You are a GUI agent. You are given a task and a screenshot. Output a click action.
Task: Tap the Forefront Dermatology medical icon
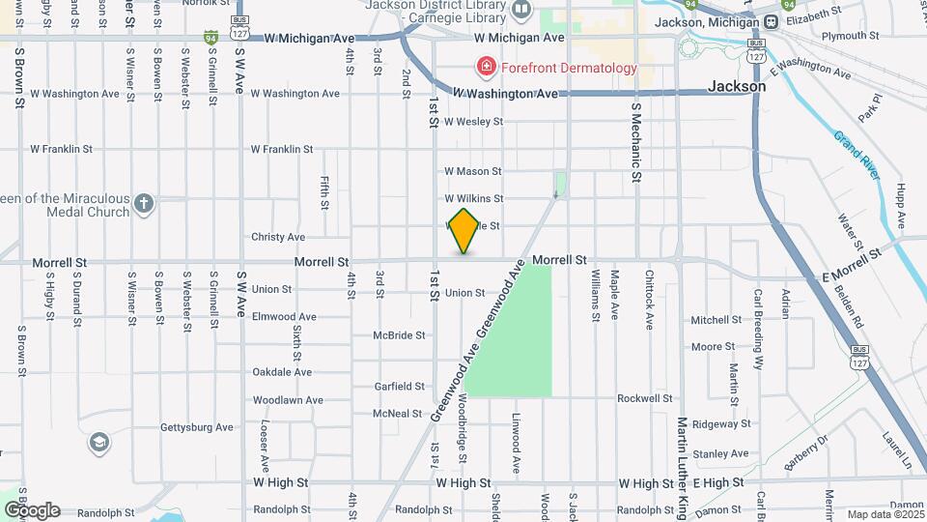(x=486, y=68)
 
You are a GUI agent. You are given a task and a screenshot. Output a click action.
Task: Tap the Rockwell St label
(x=645, y=398)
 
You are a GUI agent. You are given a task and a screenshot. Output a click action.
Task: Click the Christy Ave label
(x=278, y=237)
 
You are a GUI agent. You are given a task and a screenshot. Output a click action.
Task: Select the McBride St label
(x=399, y=335)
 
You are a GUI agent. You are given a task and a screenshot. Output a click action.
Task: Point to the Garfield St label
(x=399, y=387)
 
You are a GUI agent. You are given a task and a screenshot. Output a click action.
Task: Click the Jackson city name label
(x=737, y=86)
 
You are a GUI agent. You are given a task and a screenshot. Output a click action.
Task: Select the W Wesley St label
(x=473, y=122)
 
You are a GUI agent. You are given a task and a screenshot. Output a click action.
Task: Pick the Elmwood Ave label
(x=284, y=316)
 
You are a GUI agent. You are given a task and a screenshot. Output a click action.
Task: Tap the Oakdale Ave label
(x=282, y=372)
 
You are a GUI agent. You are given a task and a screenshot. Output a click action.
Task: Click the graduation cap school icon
(x=98, y=444)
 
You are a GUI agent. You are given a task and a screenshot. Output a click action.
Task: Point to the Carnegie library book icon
(x=522, y=11)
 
